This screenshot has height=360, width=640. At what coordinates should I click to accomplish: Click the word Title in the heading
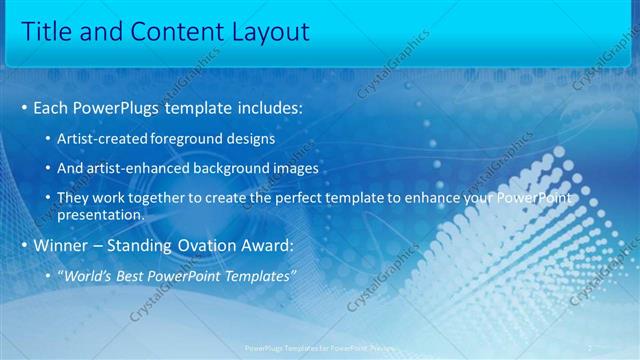(46, 32)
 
